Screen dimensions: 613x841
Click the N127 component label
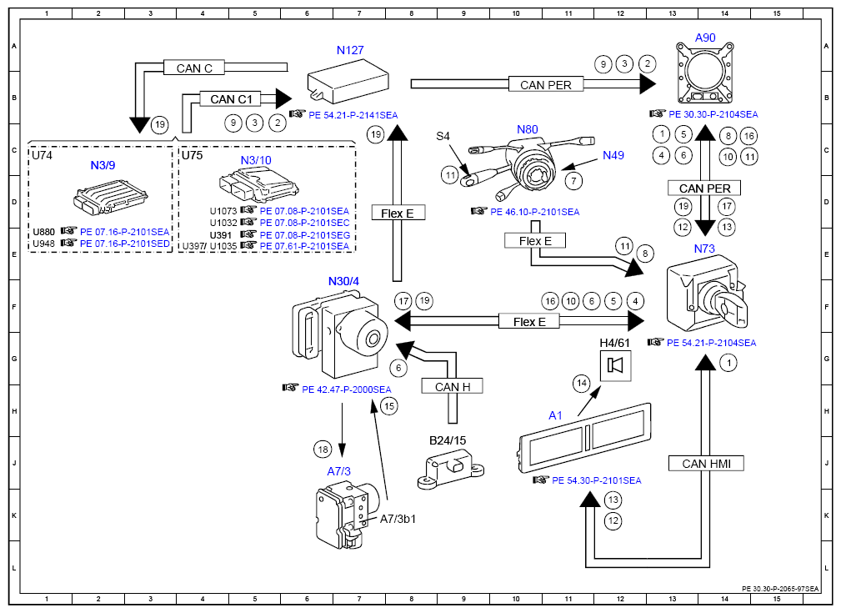(x=350, y=50)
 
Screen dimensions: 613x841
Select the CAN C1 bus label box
(x=231, y=99)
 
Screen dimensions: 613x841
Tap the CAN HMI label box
(x=706, y=464)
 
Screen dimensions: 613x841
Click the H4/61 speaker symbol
(x=618, y=365)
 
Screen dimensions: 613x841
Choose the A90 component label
(x=705, y=38)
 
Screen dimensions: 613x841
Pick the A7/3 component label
(x=339, y=470)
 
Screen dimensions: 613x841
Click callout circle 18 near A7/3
(x=323, y=448)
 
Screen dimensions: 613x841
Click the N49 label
(x=613, y=155)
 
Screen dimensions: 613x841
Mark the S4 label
(x=443, y=135)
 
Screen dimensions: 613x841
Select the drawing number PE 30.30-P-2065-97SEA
(x=780, y=588)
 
